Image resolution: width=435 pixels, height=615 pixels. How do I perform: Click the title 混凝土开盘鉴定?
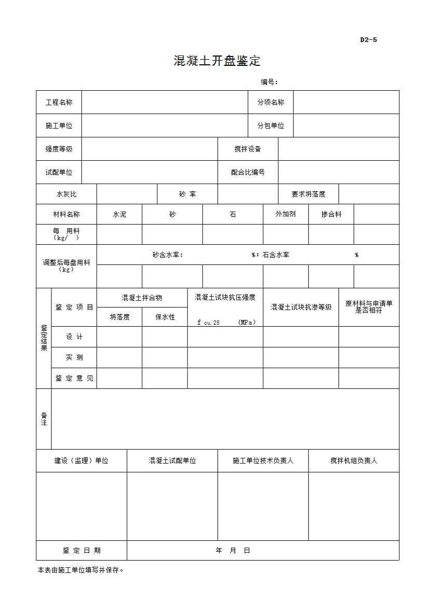[x=217, y=61]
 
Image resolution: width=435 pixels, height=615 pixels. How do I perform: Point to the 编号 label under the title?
[x=269, y=82]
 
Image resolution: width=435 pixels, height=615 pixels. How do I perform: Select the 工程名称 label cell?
[x=59, y=103]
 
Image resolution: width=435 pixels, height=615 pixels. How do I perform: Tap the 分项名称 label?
[x=270, y=103]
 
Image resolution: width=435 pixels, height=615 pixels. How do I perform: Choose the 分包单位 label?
[x=270, y=126]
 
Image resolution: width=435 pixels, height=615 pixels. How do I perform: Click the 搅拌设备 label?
[x=248, y=149]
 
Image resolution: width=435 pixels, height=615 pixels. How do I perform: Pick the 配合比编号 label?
[x=248, y=172]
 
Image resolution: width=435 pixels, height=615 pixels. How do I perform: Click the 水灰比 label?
[x=66, y=194]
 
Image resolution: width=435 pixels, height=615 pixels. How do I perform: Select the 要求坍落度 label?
[x=308, y=194]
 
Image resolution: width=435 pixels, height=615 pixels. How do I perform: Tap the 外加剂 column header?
[x=286, y=214]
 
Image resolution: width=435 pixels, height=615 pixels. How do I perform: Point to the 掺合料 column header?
[x=331, y=214]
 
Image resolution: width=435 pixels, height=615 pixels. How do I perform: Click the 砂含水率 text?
[x=168, y=255]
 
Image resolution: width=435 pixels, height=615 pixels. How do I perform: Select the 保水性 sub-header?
[x=165, y=317]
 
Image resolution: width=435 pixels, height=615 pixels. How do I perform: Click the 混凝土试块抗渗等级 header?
[x=301, y=307]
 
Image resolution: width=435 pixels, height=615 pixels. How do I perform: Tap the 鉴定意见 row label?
[x=74, y=379]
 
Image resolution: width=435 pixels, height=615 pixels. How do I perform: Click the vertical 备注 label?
[x=44, y=419]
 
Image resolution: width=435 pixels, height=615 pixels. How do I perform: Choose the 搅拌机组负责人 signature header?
[x=354, y=461]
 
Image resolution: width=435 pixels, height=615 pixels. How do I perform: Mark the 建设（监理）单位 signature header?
[x=81, y=461]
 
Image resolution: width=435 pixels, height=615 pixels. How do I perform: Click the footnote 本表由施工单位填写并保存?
[x=81, y=570]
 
